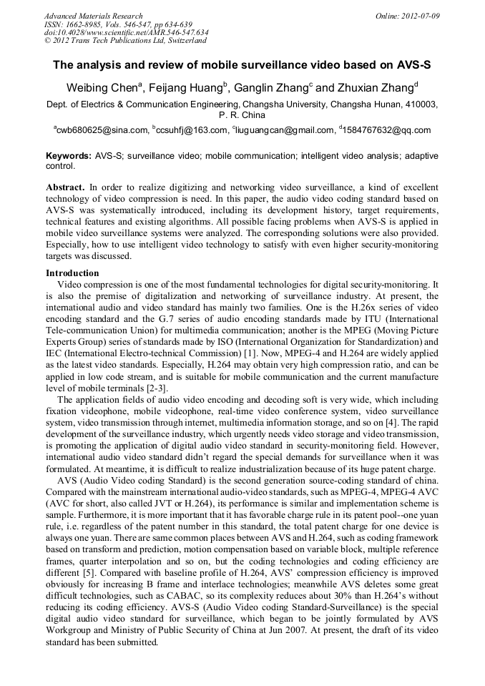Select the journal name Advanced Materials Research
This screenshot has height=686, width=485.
point(93,16)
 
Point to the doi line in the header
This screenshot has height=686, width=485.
point(126,32)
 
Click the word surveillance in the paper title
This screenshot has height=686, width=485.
point(275,64)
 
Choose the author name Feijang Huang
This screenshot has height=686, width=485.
point(187,88)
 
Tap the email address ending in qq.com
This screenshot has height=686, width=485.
point(387,130)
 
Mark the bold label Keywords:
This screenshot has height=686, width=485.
point(69,156)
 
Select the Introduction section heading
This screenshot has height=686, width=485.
point(72,273)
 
